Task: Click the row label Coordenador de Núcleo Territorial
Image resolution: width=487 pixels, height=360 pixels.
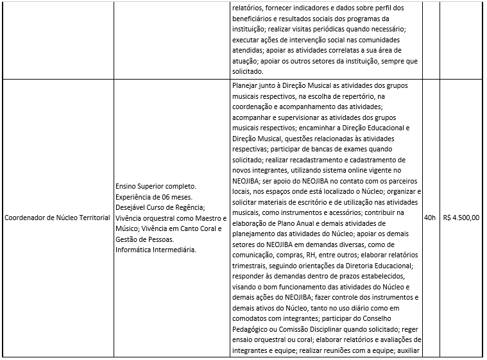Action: pyautogui.click(x=57, y=218)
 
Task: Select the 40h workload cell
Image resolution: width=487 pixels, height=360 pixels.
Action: pyautogui.click(x=430, y=218)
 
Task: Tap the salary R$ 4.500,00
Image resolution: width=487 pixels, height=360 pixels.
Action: pyautogui.click(x=461, y=218)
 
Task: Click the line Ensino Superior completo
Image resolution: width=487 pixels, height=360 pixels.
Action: pyautogui.click(x=155, y=186)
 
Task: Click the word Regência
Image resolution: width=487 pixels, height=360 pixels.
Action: pyautogui.click(x=188, y=207)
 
